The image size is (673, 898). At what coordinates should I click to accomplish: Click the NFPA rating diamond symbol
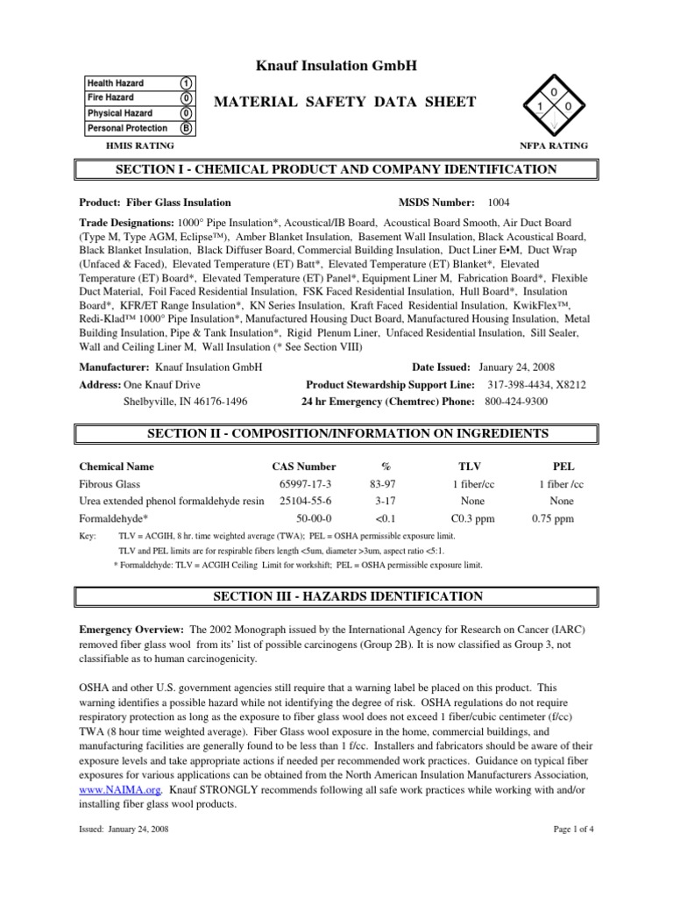point(554,106)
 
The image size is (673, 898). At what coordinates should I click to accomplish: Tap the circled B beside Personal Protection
point(187,128)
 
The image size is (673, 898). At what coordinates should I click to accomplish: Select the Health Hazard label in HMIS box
point(116,83)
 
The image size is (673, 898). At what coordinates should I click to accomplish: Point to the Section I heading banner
point(336,169)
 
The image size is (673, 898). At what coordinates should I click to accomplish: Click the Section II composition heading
point(336,434)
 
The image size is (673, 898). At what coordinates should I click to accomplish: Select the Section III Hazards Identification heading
point(336,597)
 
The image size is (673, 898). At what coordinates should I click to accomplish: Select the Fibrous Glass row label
point(110,484)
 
